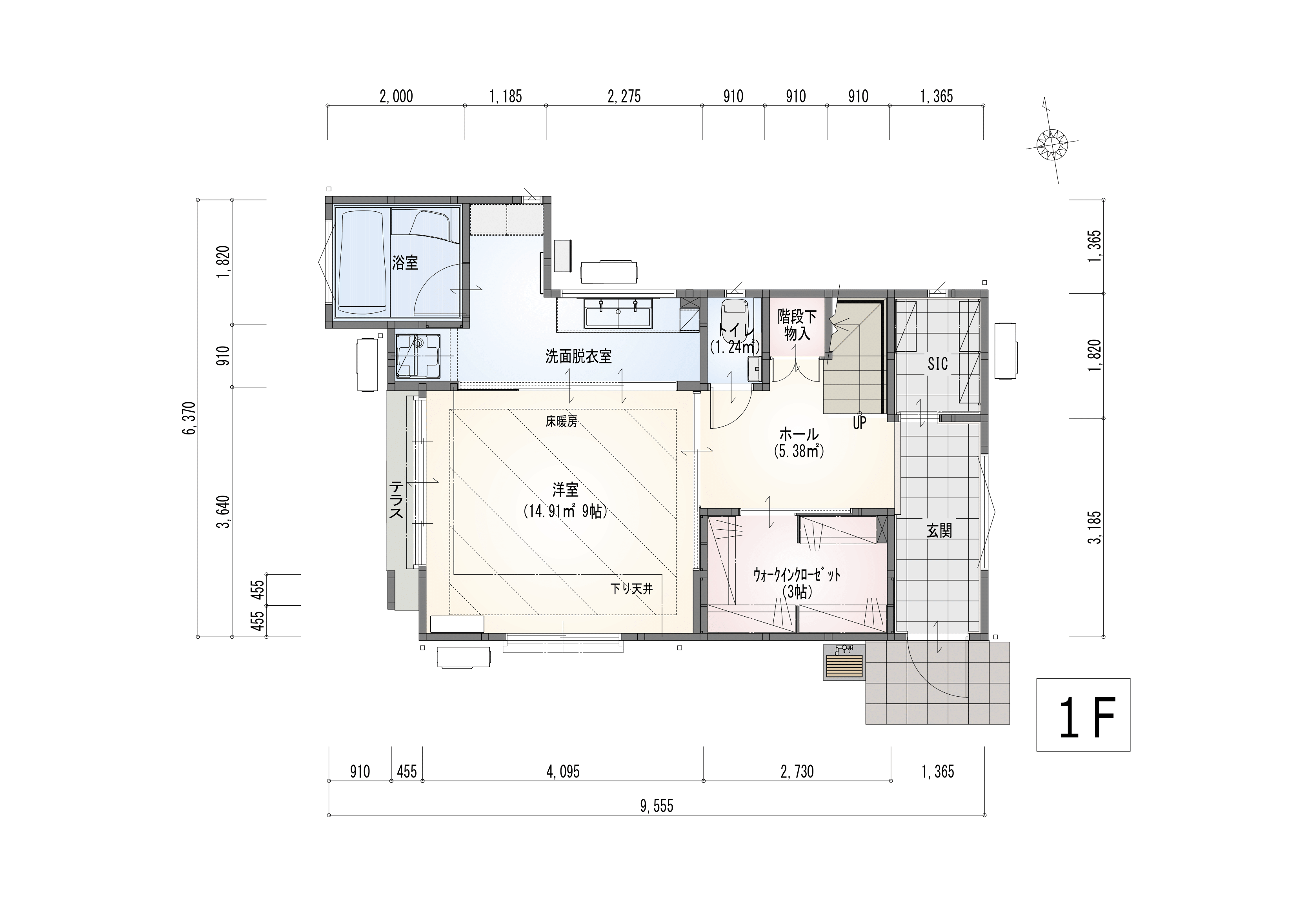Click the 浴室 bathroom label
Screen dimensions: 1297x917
(405, 263)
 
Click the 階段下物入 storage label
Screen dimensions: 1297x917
(797, 324)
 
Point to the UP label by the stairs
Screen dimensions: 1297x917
(859, 423)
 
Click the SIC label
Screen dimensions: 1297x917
(938, 364)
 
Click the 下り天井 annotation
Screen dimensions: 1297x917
(631, 589)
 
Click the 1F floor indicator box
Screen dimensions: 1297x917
(1083, 714)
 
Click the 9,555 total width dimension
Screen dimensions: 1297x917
(657, 806)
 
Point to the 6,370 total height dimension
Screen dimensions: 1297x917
(189, 418)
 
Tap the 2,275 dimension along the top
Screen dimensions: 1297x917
(624, 96)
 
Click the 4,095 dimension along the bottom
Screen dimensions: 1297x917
(563, 771)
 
